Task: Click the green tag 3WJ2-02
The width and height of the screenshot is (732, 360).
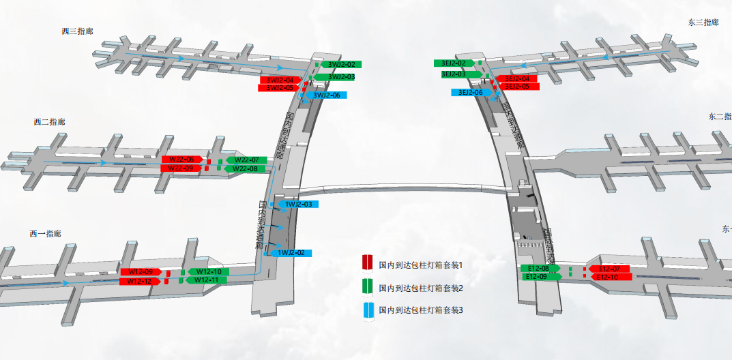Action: pyautogui.click(x=341, y=65)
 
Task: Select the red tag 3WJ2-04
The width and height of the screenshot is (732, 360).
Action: pyautogui.click(x=280, y=80)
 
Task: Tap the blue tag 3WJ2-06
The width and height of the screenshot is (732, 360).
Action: pyautogui.click(x=326, y=95)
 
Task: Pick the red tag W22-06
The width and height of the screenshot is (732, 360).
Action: pyautogui.click(x=181, y=160)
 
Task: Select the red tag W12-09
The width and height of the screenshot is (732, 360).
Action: pyautogui.click(x=140, y=272)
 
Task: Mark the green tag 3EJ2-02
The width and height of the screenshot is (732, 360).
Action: pyautogui.click(x=454, y=63)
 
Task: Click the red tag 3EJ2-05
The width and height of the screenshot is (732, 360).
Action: pyautogui.click(x=517, y=87)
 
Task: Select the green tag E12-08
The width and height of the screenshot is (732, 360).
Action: pyautogui.click(x=540, y=269)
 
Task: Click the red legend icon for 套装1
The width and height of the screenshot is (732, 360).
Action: pyautogui.click(x=367, y=263)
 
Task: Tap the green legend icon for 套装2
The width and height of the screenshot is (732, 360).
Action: pyautogui.click(x=367, y=287)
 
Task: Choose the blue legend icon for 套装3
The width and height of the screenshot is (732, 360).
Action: pyautogui.click(x=367, y=310)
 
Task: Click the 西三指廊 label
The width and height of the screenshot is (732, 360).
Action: pyautogui.click(x=77, y=31)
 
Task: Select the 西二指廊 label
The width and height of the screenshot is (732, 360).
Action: pyautogui.click(x=49, y=122)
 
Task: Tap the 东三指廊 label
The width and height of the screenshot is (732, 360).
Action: pyautogui.click(x=703, y=22)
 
